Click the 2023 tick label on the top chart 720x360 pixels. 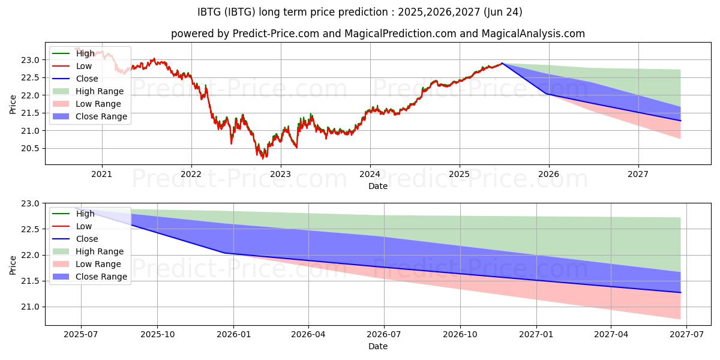click(x=281, y=175)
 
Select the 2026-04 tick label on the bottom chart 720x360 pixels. click(x=308, y=335)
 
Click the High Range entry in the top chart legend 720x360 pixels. click(x=100, y=91)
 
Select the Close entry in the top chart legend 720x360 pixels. click(x=87, y=79)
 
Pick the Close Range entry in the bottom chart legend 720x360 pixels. click(x=101, y=277)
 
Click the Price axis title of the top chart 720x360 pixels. click(x=13, y=103)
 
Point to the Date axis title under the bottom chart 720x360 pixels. click(x=378, y=346)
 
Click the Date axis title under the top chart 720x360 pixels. click(x=378, y=186)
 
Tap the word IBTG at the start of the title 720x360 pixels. click(x=210, y=12)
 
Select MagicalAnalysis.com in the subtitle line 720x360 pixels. click(x=534, y=34)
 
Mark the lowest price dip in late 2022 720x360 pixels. click(x=262, y=158)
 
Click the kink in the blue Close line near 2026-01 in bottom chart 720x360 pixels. click(x=225, y=253)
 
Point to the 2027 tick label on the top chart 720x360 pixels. click(x=638, y=175)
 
